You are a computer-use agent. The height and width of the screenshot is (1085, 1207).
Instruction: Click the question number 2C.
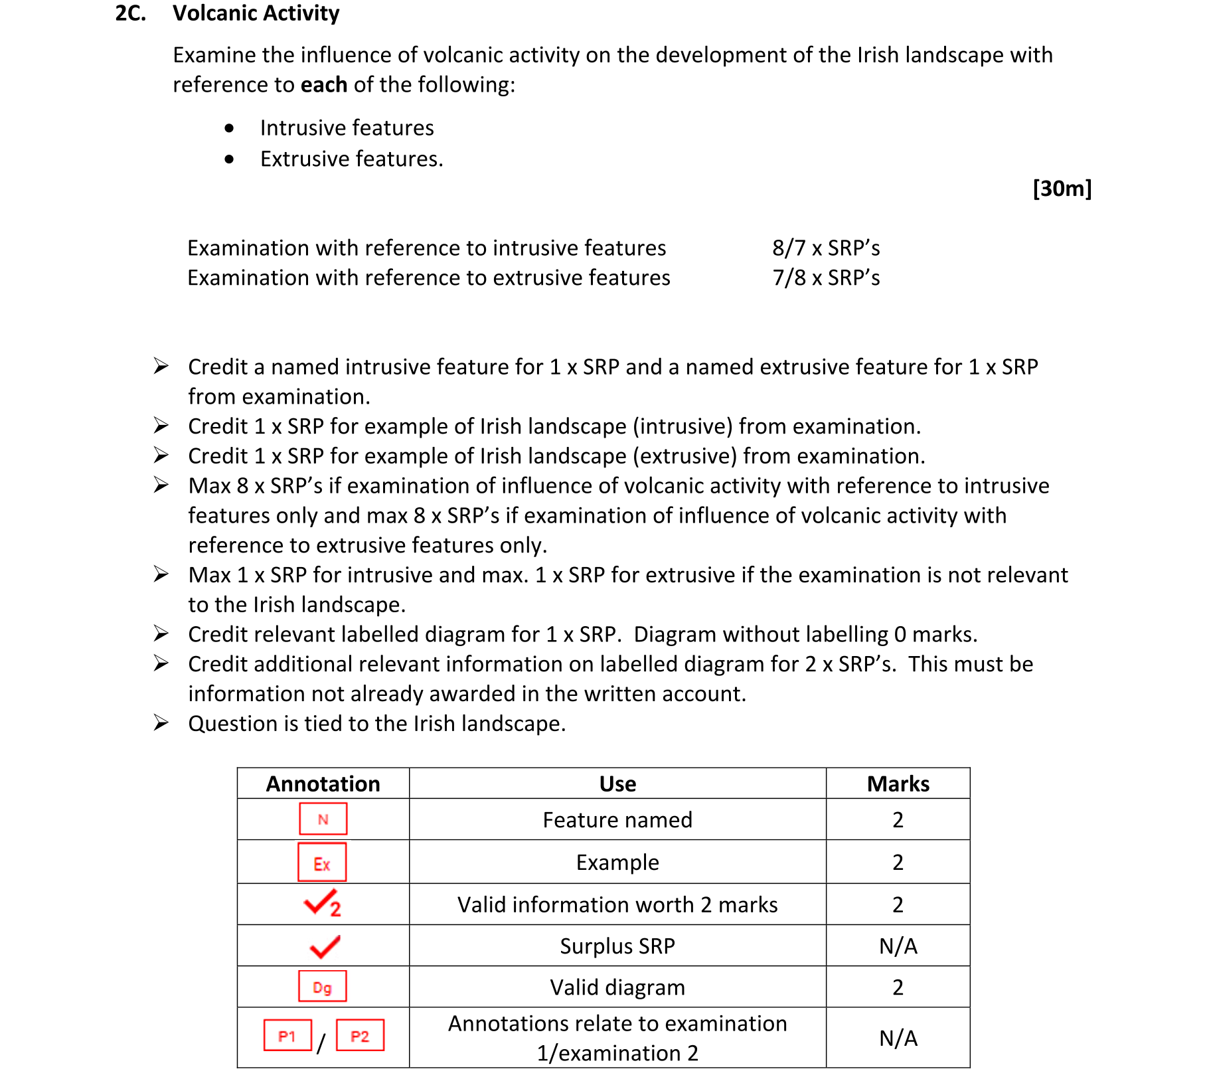click(x=130, y=13)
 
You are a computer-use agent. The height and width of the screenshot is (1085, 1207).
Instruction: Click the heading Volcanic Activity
click(x=256, y=13)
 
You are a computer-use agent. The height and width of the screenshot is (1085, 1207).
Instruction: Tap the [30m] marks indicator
click(x=1062, y=189)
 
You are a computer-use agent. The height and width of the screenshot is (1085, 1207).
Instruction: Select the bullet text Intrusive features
click(x=347, y=127)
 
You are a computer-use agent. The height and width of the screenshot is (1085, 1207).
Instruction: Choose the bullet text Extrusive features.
click(x=351, y=159)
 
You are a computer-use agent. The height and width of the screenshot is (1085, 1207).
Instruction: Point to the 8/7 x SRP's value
click(x=826, y=248)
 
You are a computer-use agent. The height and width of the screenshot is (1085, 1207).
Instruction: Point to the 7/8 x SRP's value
click(x=826, y=278)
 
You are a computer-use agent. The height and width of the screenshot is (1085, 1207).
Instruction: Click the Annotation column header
click(x=323, y=784)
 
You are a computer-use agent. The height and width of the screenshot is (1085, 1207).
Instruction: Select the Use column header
click(x=617, y=784)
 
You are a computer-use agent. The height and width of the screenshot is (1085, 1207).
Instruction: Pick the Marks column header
click(x=898, y=784)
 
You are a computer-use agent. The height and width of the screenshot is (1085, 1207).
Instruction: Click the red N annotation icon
click(x=323, y=819)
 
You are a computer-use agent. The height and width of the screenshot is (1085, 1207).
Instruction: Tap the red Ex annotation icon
click(x=322, y=862)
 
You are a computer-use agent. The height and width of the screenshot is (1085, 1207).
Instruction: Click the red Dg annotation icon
click(x=322, y=987)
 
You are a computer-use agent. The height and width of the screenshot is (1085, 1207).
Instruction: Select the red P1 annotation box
click(x=287, y=1036)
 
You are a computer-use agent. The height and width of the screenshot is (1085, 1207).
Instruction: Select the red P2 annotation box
click(x=360, y=1036)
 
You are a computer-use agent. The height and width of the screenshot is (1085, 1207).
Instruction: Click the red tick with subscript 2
click(x=322, y=904)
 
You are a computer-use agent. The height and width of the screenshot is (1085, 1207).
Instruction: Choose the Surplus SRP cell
click(x=617, y=946)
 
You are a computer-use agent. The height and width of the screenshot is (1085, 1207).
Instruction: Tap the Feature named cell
click(x=617, y=819)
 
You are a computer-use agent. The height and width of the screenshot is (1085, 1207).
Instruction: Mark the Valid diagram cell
click(x=617, y=987)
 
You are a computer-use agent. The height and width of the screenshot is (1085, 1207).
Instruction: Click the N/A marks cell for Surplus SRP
click(x=898, y=946)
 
